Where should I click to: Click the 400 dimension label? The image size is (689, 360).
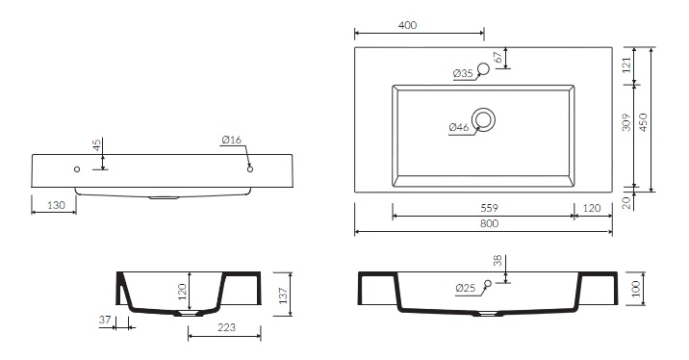coord(407,25)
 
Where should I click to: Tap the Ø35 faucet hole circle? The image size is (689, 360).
coord(483,69)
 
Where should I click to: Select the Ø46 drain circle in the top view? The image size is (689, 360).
coord(483,119)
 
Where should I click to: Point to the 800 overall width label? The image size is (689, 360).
coord(489,223)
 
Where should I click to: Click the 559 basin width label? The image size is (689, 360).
coord(489,208)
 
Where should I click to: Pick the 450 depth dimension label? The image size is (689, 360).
coord(643,123)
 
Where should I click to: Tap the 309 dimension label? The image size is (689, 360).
coord(626,122)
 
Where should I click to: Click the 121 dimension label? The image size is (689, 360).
coord(626,64)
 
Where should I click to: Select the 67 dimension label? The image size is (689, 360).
coord(498,57)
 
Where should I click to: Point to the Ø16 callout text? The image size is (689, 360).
coord(232,140)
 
